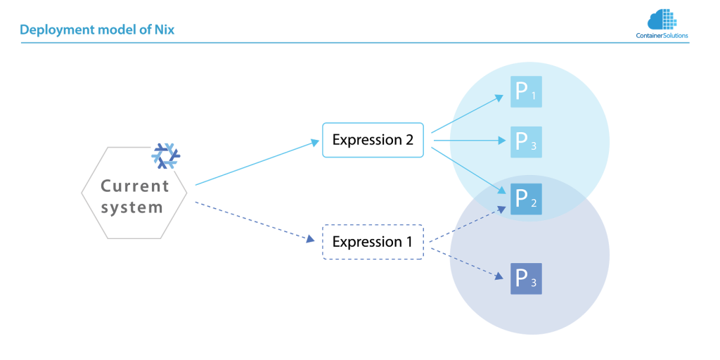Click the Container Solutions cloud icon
pos(662,19)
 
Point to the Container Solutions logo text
pos(662,35)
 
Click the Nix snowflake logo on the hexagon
pos(166,155)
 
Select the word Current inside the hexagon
pos(135,186)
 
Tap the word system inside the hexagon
pos(132,208)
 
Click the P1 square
pos(526,91)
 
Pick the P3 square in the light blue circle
pos(526,142)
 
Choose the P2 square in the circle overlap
pos(526,199)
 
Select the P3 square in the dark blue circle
pos(526,278)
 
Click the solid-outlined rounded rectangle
pos(373,139)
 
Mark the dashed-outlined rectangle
pos(373,242)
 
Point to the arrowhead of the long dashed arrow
pos(310,239)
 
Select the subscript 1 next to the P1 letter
pos(534,96)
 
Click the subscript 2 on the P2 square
pos(534,204)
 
